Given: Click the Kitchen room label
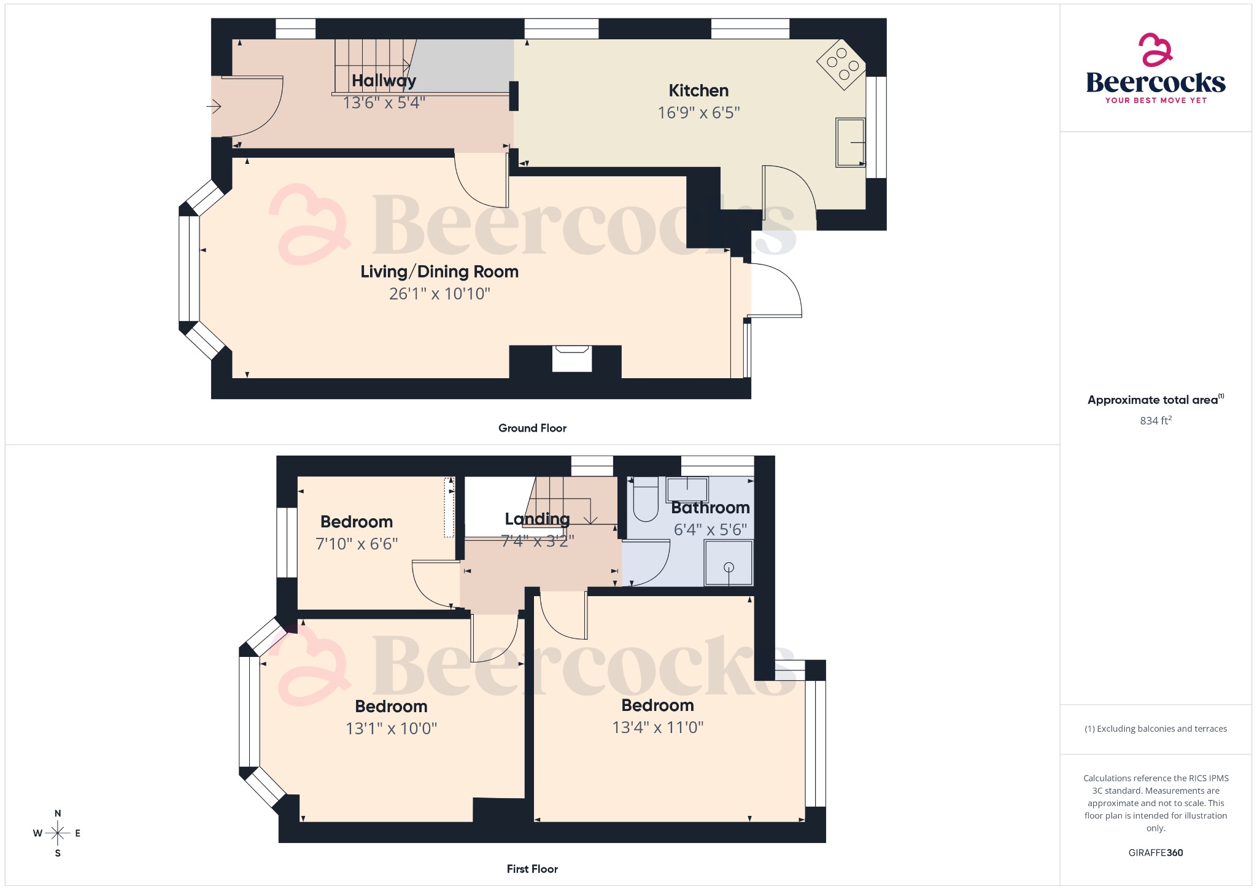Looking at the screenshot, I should click(698, 91).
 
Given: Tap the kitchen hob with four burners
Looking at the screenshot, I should click(841, 64).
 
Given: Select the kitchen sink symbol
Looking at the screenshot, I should click(850, 142).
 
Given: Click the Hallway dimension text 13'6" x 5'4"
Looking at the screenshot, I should click(384, 103).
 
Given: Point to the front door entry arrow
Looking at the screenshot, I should click(214, 107).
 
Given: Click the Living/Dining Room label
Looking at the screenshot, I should click(439, 271).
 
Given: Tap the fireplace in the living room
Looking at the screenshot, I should click(571, 359).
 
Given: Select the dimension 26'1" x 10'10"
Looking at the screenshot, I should click(439, 293).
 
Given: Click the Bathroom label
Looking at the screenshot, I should click(710, 508).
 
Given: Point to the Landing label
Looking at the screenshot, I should click(537, 519).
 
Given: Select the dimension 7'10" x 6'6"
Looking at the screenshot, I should click(357, 543).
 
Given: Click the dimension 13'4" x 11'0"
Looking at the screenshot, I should click(657, 728).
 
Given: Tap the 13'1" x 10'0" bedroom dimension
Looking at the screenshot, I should click(391, 729).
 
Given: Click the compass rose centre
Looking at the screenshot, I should click(58, 833).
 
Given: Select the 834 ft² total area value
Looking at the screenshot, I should click(1155, 421).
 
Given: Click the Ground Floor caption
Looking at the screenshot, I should click(532, 428).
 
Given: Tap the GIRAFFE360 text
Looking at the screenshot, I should click(1155, 852).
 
